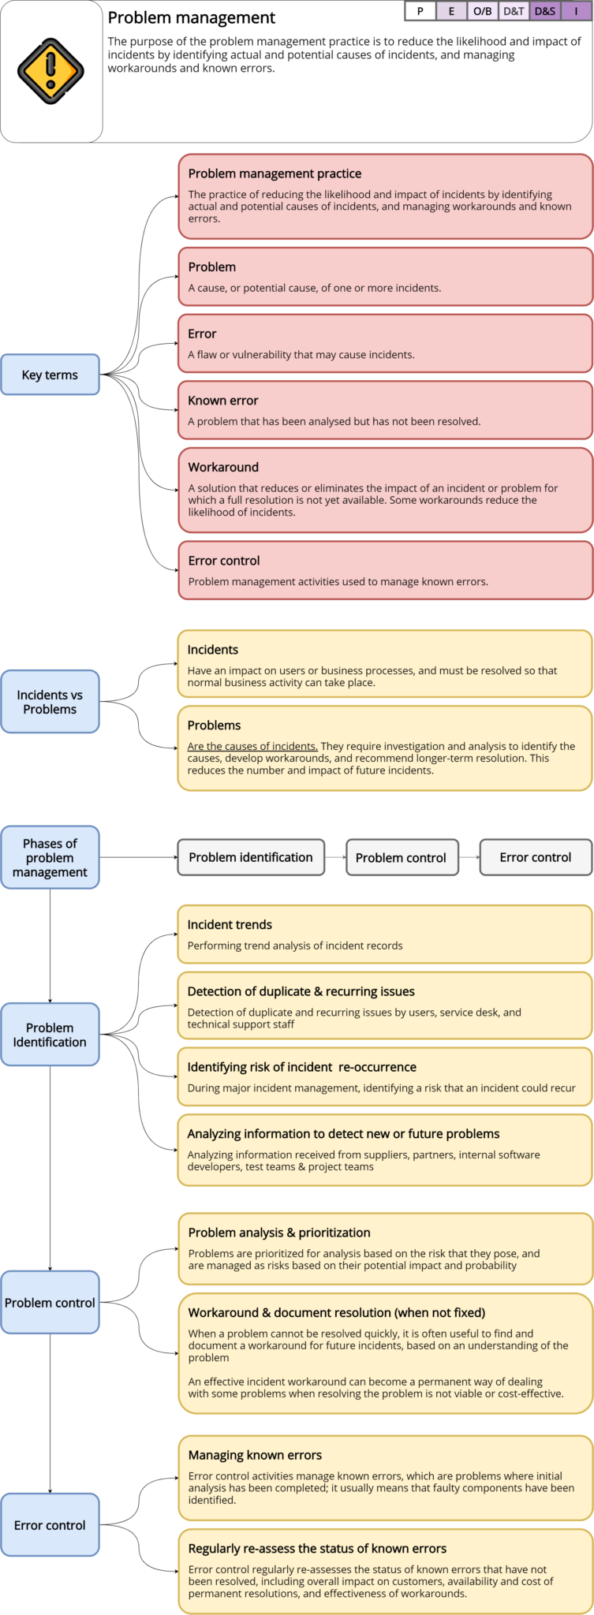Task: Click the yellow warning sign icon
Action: point(50,71)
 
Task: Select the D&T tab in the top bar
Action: point(514,11)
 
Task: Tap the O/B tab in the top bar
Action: point(482,11)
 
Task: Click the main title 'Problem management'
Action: point(192,18)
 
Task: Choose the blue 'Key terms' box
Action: point(50,375)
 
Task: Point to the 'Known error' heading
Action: point(223,401)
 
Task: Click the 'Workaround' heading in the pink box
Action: point(223,468)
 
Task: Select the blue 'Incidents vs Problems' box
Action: point(50,702)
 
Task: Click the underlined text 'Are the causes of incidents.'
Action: point(252,746)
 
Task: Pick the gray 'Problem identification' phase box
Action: point(251,857)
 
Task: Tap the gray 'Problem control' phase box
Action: point(402,858)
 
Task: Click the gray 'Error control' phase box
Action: point(536,857)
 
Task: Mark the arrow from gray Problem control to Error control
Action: point(469,857)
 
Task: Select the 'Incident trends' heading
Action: point(230,925)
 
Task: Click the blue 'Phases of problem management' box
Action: point(50,858)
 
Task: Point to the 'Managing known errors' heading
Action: point(255,1455)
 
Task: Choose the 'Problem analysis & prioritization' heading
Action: point(279,1233)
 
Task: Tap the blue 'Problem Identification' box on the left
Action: point(50,1035)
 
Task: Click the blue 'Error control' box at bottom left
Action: point(50,1525)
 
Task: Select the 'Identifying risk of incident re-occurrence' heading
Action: point(301,1067)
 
